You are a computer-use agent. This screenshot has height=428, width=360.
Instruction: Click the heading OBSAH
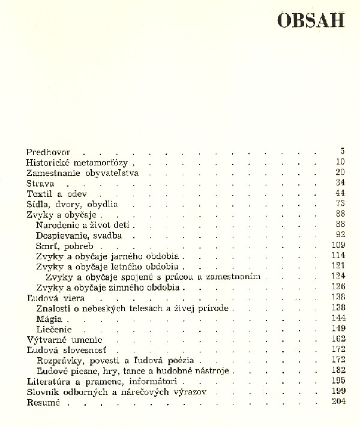(x=310, y=20)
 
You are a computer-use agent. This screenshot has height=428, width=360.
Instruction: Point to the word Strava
(x=41, y=183)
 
